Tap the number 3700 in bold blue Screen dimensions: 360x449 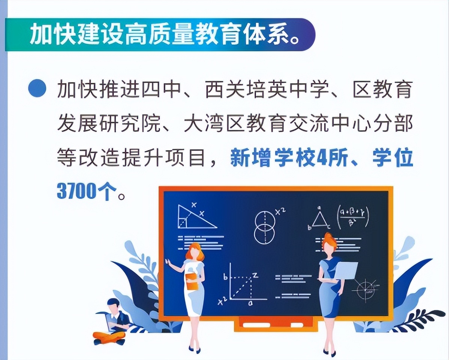point(76,191)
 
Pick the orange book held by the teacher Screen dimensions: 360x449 point(192,281)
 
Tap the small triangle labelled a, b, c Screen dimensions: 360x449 point(319,219)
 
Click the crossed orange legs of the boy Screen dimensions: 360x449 point(109,337)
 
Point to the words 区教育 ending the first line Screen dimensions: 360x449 point(383,90)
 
